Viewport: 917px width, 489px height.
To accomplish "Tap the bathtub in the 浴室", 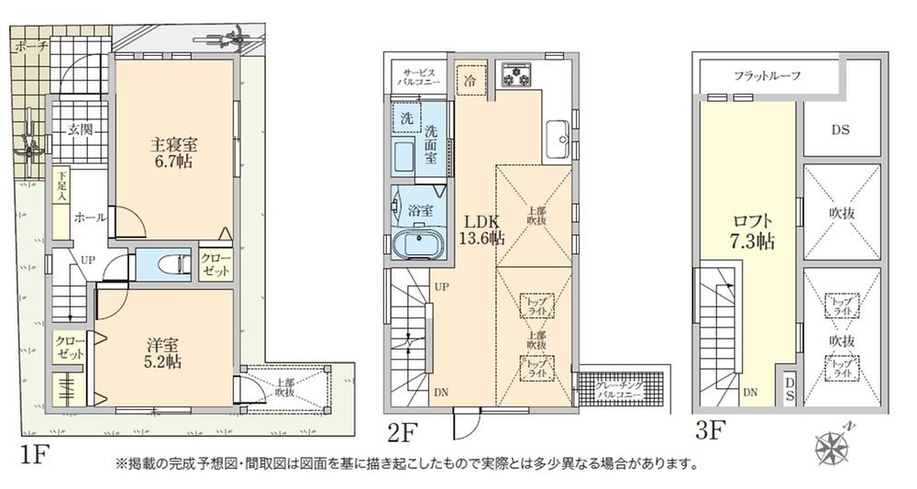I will coord(415,244).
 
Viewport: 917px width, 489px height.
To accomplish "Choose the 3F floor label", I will coord(710,428).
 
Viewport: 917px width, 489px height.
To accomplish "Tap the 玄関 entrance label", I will coord(79,129).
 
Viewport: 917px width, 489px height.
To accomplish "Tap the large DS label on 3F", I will coord(840,130).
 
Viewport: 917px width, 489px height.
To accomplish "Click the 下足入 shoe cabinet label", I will coord(61,186).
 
